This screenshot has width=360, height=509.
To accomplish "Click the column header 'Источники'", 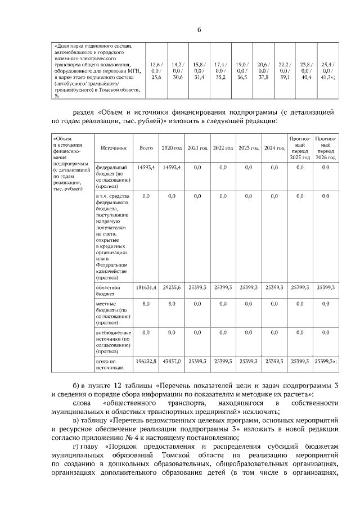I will (113, 148).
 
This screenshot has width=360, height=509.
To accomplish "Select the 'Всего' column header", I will (146, 148).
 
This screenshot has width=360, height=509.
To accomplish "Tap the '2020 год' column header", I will (172, 148).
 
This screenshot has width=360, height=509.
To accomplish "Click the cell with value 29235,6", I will (172, 287).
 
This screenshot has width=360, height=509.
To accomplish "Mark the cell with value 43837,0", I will (172, 361).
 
